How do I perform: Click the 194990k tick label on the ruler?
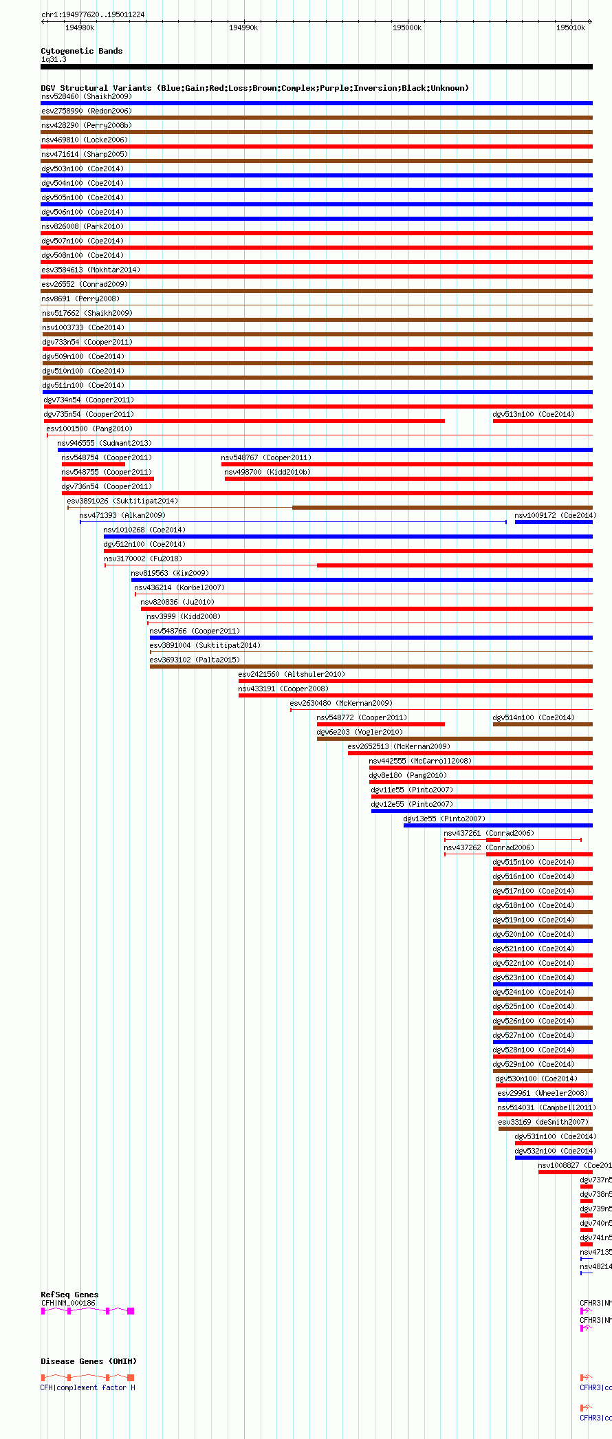tap(243, 28)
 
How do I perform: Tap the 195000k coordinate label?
tap(407, 28)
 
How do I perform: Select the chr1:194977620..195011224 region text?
tap(93, 14)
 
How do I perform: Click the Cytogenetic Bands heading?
tap(81, 51)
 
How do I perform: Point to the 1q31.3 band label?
tap(54, 59)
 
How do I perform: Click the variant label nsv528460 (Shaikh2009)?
tap(86, 96)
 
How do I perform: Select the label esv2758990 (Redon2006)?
tap(86, 111)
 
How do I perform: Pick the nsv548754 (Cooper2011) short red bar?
tap(93, 464)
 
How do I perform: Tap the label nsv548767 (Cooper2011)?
tap(265, 457)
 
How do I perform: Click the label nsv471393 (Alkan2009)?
tap(122, 515)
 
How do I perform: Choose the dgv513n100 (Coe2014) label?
tap(533, 414)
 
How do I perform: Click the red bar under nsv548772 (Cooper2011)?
tap(380, 724)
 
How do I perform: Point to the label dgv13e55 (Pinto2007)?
tap(444, 819)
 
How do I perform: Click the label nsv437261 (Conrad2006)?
tap(488, 833)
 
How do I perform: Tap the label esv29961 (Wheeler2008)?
tap(542, 1093)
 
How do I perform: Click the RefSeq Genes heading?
tap(69, 1295)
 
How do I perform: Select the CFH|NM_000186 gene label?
tap(68, 1303)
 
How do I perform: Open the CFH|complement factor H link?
tap(87, 1387)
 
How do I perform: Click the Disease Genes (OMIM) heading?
tap(88, 1361)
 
